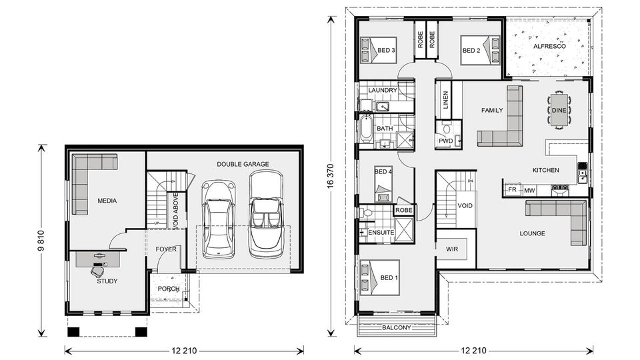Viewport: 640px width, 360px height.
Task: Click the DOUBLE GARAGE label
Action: coord(243,163)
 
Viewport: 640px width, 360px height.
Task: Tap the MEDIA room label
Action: coord(107,200)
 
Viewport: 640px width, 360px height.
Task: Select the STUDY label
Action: coord(107,281)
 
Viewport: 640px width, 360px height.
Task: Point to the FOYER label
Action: coord(166,249)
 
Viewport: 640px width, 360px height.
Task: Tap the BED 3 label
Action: coord(387,50)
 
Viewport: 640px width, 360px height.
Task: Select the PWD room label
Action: coord(445,141)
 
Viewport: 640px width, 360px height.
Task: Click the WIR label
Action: coord(451,249)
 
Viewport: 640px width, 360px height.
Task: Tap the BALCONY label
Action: coord(396,328)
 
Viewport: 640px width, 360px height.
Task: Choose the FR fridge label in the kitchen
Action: coord(512,190)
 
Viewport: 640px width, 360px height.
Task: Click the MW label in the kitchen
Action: coord(529,191)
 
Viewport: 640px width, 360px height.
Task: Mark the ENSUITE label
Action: coord(381,233)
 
